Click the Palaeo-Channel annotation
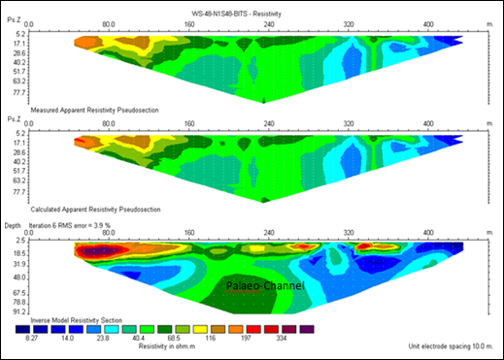pyautogui.click(x=265, y=286)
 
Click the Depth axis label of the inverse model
pyautogui.click(x=14, y=225)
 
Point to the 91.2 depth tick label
pyautogui.click(x=18, y=312)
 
